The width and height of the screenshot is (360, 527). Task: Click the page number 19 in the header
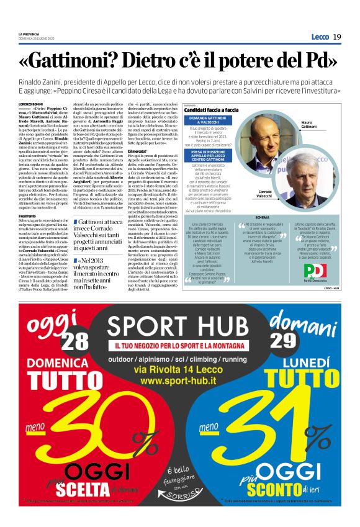[337, 37]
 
